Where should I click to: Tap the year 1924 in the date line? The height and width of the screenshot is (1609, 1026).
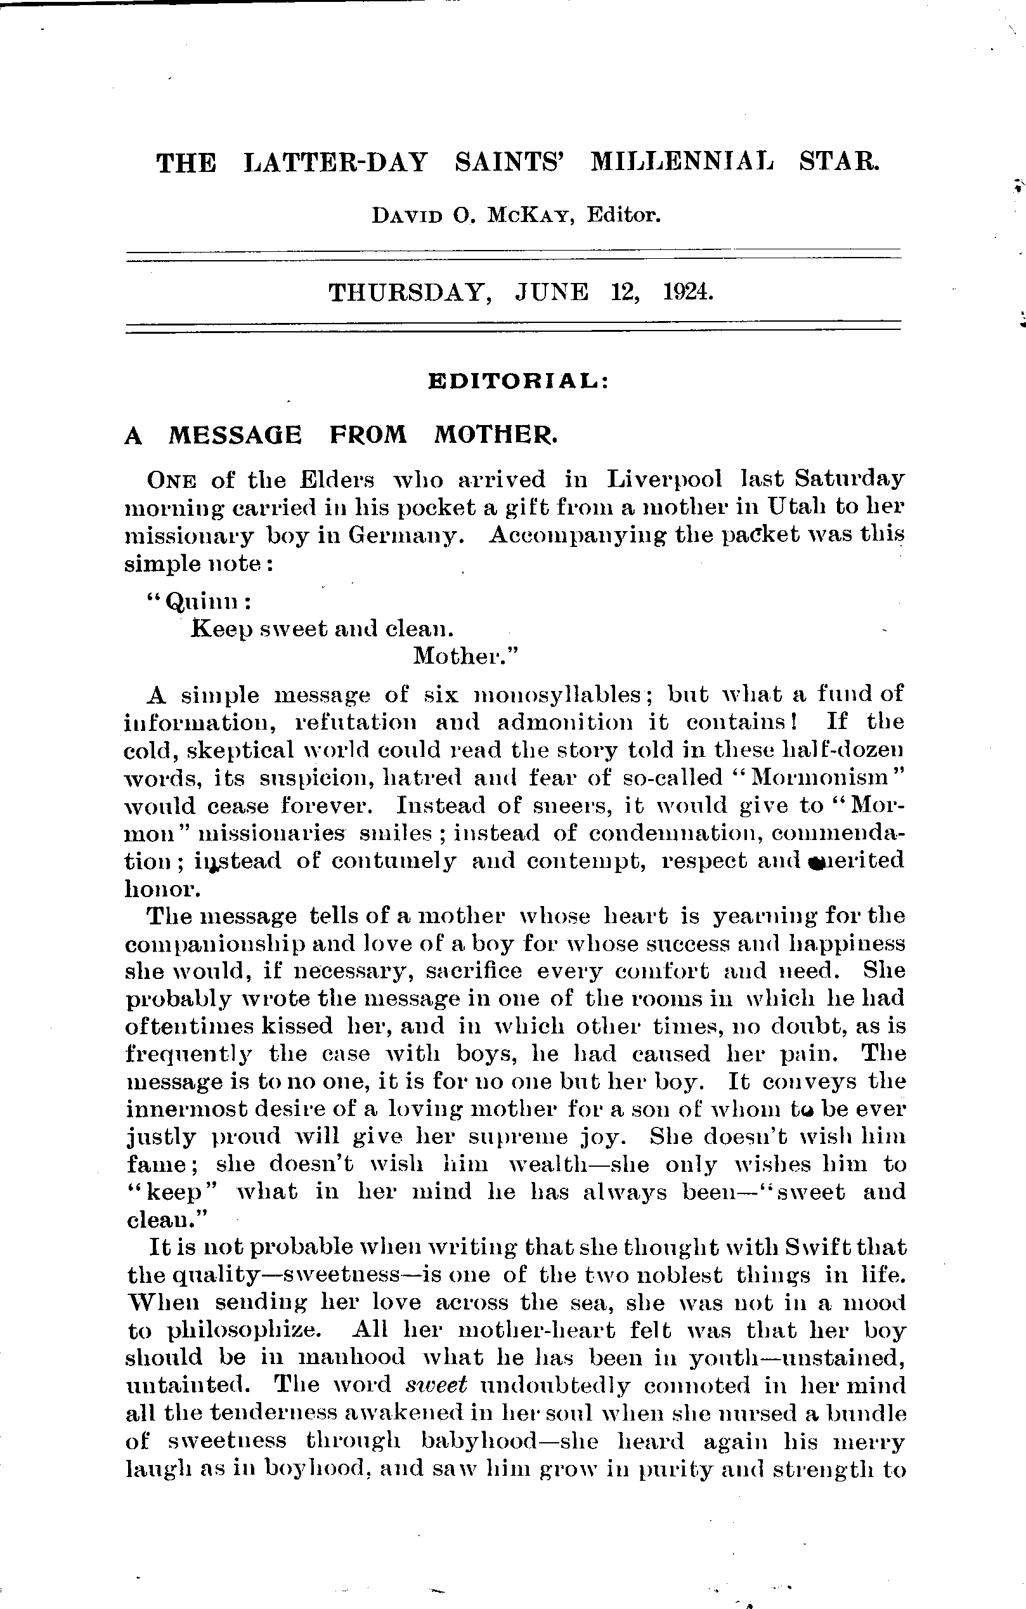coord(688,292)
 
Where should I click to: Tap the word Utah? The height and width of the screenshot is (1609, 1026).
coord(796,506)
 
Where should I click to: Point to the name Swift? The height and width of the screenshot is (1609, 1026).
coord(822,1247)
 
